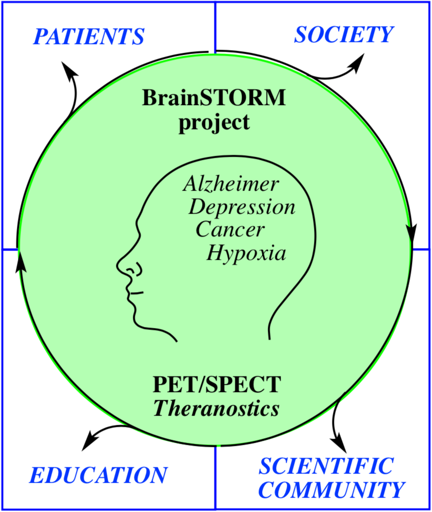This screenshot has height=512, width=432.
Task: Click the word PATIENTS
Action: [89, 36]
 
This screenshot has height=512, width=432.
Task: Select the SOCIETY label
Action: [344, 34]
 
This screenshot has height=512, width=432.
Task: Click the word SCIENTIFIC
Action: [326, 466]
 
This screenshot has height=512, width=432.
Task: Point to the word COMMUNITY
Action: [331, 489]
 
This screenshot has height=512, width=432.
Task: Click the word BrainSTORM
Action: [214, 97]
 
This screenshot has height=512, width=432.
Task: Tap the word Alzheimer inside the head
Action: [231, 184]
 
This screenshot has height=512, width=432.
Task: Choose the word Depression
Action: [242, 207]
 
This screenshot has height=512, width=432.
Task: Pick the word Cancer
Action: [230, 229]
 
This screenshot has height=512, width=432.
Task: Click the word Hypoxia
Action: [246, 253]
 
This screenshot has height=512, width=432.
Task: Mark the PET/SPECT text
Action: [217, 384]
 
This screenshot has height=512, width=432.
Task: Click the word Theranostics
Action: [217, 408]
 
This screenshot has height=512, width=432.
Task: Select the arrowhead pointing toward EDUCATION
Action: [90, 441]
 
